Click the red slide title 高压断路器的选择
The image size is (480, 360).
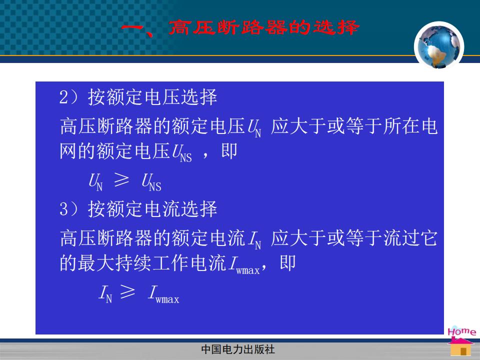click(x=263, y=27)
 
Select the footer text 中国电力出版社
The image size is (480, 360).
click(x=238, y=349)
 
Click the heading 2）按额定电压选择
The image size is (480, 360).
click(x=138, y=97)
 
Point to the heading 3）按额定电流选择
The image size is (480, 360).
click(x=138, y=209)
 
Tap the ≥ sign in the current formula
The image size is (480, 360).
click(x=127, y=291)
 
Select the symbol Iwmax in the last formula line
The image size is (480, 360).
click(x=164, y=294)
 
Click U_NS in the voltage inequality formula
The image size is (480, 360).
click(x=151, y=182)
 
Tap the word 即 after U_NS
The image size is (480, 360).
click(x=229, y=151)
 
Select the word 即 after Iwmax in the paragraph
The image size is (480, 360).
click(x=287, y=262)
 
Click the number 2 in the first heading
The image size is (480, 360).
click(x=63, y=97)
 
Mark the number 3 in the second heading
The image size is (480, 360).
click(x=63, y=209)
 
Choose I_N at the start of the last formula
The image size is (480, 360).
click(x=105, y=293)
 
